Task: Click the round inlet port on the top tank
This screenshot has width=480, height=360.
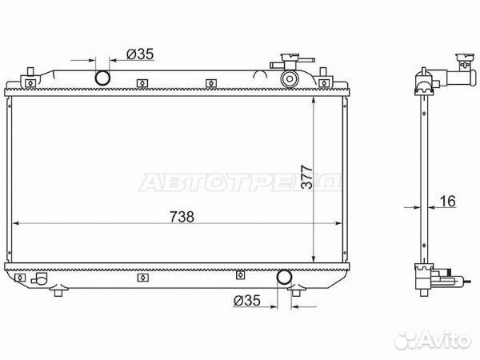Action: [103, 78]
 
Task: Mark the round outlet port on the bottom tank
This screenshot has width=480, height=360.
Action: [283, 278]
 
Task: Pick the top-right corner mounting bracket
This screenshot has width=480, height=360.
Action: [324, 78]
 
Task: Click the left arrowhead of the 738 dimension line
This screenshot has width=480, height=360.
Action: [18, 224]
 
